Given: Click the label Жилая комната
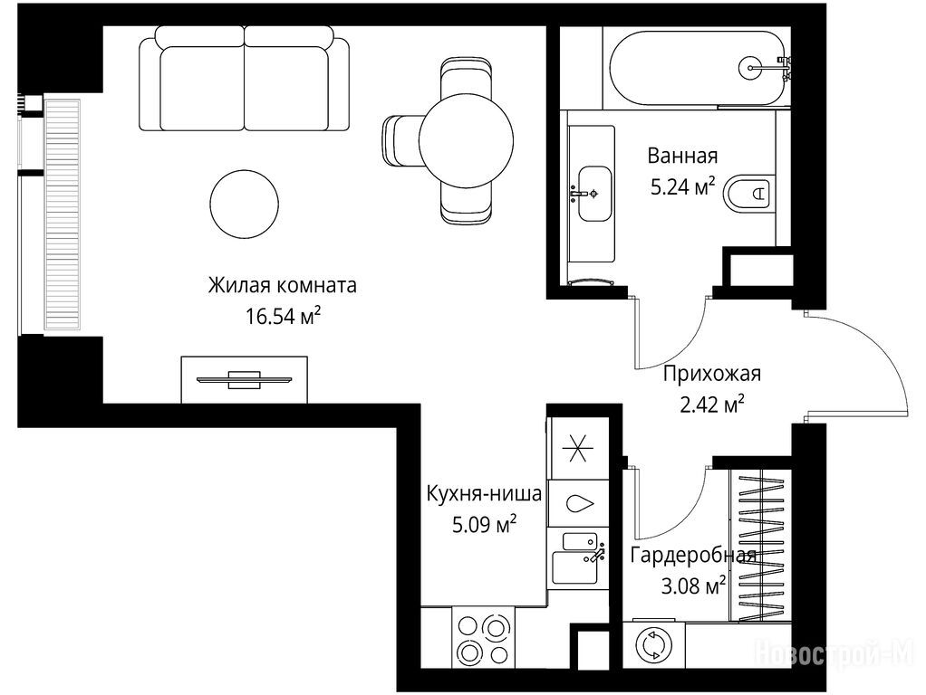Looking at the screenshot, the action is tap(283, 286).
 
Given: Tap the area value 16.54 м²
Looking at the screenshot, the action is tap(283, 316).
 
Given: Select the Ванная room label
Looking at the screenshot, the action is tap(682, 156).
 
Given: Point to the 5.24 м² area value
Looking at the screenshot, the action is tap(682, 187).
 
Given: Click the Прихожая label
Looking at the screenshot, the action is tap(712, 374).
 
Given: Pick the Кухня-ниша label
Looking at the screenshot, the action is tap(484, 493).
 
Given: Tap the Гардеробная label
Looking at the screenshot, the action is tap(693, 556).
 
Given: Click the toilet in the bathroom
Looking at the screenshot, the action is tap(748, 193).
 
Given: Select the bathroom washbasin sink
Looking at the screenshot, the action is tap(594, 194).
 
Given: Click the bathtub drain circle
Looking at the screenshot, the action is tap(750, 68).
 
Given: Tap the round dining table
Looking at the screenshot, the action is tap(466, 141).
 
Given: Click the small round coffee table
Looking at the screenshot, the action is tap(244, 205).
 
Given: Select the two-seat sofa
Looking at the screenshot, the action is tap(245, 79).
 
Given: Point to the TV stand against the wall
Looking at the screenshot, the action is tap(244, 379).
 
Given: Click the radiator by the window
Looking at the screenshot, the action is tap(62, 214).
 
